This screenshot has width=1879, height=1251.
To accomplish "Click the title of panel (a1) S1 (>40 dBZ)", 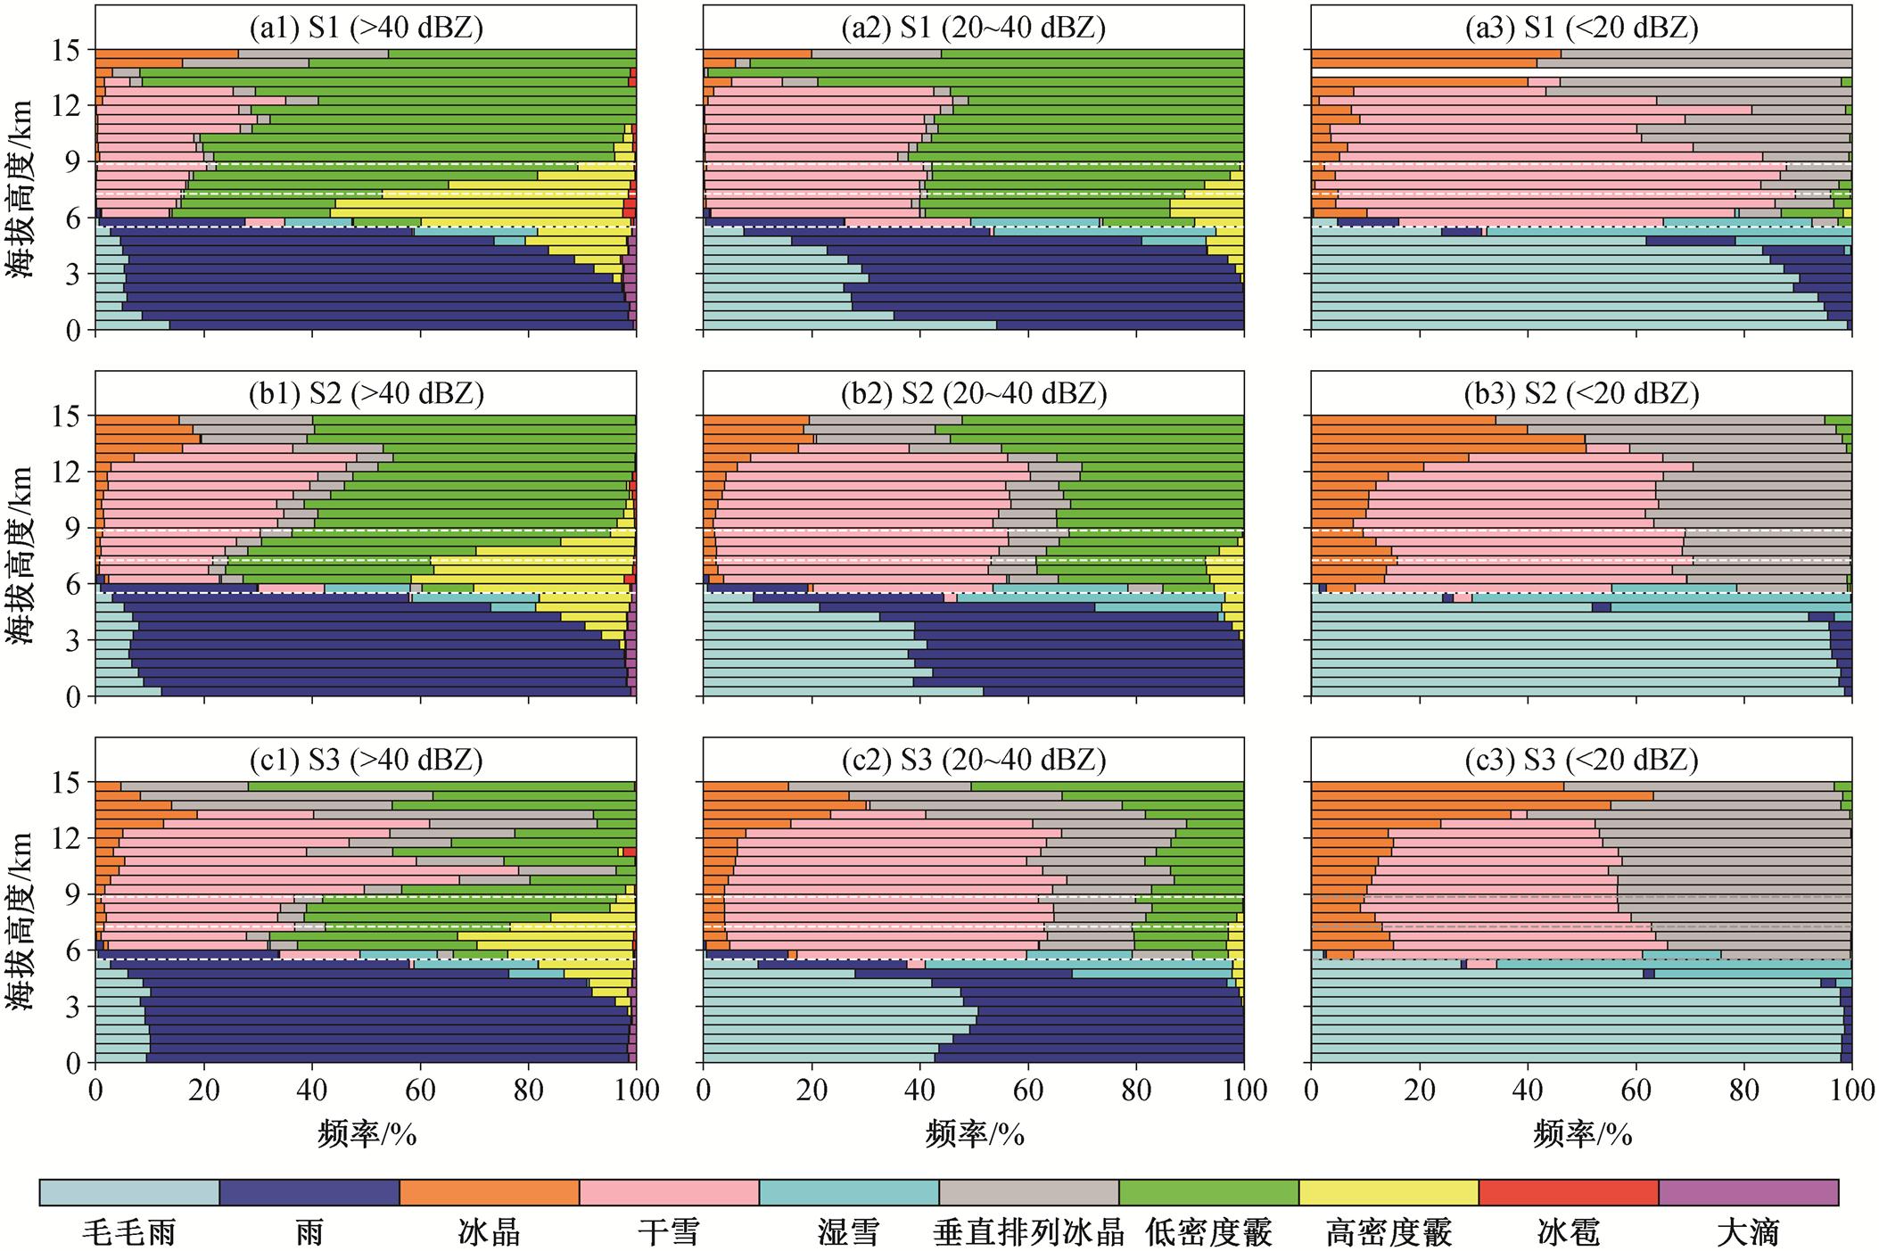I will click(366, 28).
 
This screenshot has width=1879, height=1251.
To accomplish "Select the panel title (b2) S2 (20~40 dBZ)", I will click(973, 393).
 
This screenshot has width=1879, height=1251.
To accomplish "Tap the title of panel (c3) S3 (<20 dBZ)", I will click(1581, 760).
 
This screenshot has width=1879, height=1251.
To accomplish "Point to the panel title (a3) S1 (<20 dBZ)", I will click(1581, 28).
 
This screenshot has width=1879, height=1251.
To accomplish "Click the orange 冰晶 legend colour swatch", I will click(489, 1192).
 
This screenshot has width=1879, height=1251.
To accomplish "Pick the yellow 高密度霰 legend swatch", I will click(1389, 1192).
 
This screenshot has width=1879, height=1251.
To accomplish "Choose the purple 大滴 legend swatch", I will click(1748, 1192).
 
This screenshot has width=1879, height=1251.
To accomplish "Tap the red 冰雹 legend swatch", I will click(1568, 1192).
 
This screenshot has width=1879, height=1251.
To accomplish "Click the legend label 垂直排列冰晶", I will click(1028, 1233).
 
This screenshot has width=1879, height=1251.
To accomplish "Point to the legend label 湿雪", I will click(848, 1233).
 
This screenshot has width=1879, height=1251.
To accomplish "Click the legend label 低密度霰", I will click(1208, 1233).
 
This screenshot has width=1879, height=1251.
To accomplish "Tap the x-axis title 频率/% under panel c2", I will click(974, 1134).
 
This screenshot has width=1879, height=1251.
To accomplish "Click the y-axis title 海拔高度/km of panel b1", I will click(20, 555).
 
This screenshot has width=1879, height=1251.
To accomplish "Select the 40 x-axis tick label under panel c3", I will click(1527, 1091).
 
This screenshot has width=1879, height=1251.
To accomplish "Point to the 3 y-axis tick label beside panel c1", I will click(72, 1008).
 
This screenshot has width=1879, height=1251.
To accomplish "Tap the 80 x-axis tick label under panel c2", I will click(1136, 1091).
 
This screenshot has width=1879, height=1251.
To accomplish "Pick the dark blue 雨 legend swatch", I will click(309, 1192).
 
